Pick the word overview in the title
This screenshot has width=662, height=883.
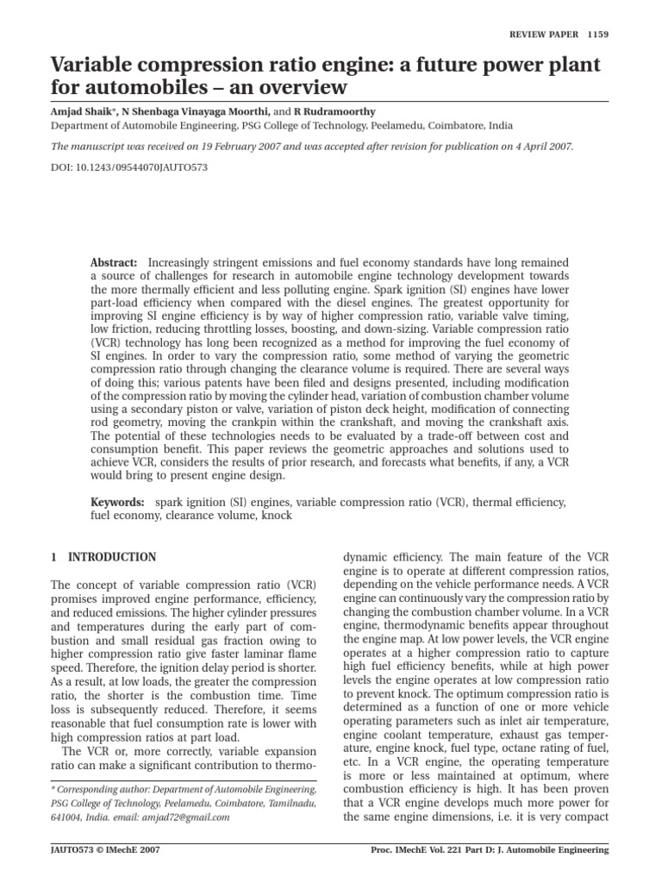pos(300,87)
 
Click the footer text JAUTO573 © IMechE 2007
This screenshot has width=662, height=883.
pos(106,849)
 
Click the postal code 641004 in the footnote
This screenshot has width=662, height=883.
pos(66,817)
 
